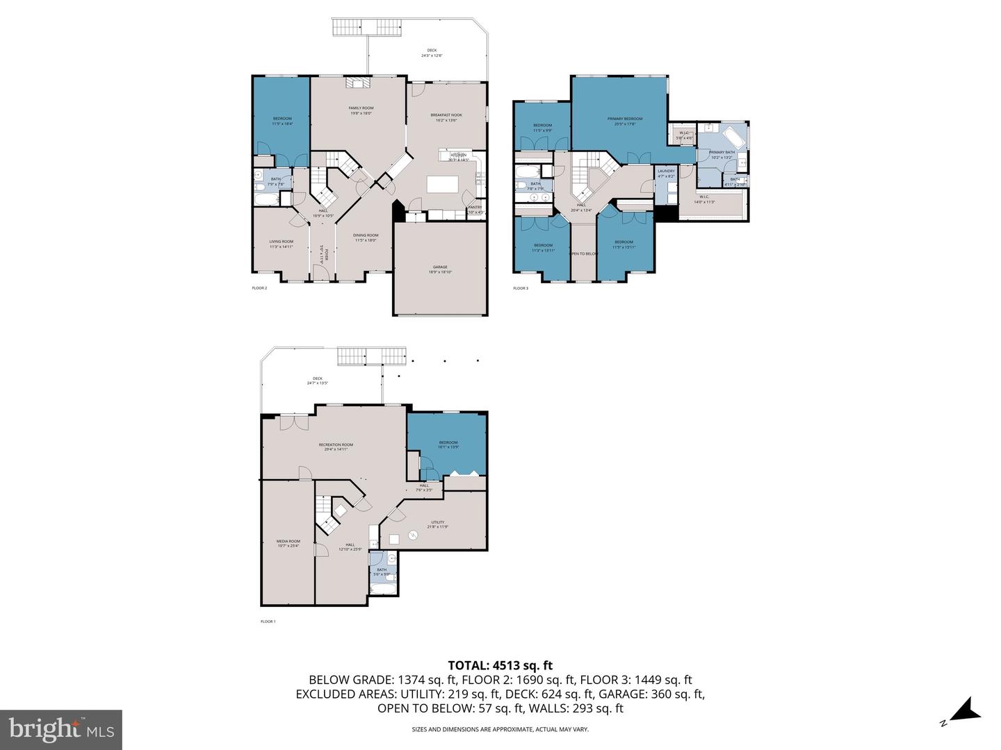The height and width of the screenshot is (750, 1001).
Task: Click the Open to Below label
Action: [x=583, y=253]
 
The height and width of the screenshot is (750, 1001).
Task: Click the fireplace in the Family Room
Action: [x=357, y=83]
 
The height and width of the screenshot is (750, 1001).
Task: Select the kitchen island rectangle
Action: [x=443, y=184]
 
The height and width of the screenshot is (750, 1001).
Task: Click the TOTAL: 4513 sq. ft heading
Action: [x=500, y=665]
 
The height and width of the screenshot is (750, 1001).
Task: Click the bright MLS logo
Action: [x=61, y=729]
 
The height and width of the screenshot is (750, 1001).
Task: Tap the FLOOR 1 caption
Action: [x=268, y=622]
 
